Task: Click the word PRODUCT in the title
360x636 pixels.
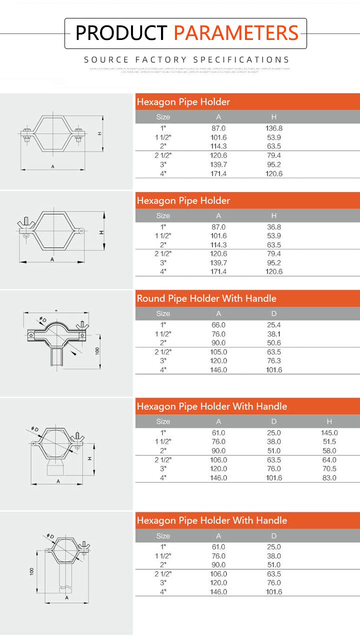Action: (x=120, y=33)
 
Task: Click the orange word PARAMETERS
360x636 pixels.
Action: (x=236, y=33)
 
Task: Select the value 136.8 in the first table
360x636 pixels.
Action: (x=274, y=128)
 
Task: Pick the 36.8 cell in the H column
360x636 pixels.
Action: (x=274, y=227)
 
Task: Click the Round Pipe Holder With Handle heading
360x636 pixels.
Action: (x=206, y=299)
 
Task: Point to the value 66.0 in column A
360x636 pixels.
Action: (x=218, y=325)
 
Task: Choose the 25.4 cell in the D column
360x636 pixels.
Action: (x=274, y=325)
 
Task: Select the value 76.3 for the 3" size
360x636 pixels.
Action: (x=274, y=361)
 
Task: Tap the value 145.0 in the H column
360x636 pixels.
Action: (x=329, y=433)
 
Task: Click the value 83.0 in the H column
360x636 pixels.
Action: (x=329, y=478)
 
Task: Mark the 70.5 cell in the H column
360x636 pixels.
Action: (x=329, y=469)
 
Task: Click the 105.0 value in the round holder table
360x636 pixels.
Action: (x=218, y=352)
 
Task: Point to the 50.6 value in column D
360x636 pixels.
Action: (x=274, y=343)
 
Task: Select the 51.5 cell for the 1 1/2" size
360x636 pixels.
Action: (x=329, y=442)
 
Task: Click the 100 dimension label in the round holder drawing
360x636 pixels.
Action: (x=98, y=350)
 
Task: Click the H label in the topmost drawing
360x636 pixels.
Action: (x=100, y=133)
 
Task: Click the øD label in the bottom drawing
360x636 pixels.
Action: (x=50, y=537)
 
